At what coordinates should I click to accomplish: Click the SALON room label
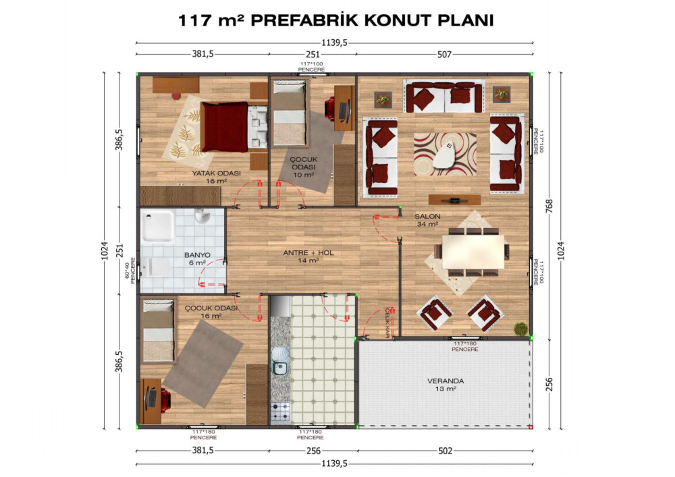click(x=427, y=217)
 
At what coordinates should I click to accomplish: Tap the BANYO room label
click(x=197, y=255)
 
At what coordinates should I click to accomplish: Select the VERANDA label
click(x=446, y=381)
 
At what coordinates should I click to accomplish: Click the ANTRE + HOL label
click(x=308, y=253)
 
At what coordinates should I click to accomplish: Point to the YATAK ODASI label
click(x=216, y=173)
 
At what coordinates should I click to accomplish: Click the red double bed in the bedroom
click(x=224, y=127)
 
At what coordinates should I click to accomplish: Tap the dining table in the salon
click(x=473, y=252)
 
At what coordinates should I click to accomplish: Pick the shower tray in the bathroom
click(x=159, y=225)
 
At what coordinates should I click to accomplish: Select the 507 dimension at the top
click(x=444, y=54)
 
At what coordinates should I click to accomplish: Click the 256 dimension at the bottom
click(x=313, y=451)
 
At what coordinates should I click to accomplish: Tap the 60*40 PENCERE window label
click(x=130, y=271)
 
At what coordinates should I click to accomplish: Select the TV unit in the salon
click(x=454, y=200)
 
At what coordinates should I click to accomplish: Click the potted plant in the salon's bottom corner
click(x=521, y=329)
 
